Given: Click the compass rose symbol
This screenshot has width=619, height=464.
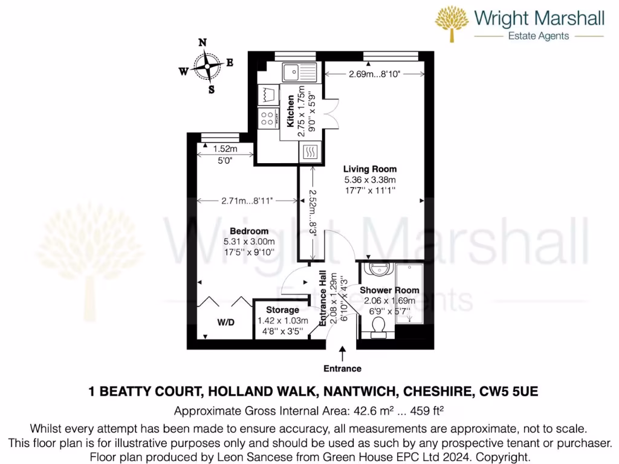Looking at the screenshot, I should click(206, 66).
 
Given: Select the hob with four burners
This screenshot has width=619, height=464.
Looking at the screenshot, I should click(267, 118).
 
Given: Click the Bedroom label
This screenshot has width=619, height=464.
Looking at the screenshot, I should click(249, 231).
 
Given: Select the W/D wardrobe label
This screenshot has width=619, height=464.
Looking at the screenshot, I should click(225, 323).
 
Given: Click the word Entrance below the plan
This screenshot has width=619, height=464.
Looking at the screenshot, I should click(342, 369).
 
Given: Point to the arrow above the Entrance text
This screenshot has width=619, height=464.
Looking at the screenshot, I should click(343, 353).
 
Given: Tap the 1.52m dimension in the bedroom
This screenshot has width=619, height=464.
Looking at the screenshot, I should click(225, 149).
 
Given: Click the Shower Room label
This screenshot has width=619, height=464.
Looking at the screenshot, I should click(389, 290).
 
